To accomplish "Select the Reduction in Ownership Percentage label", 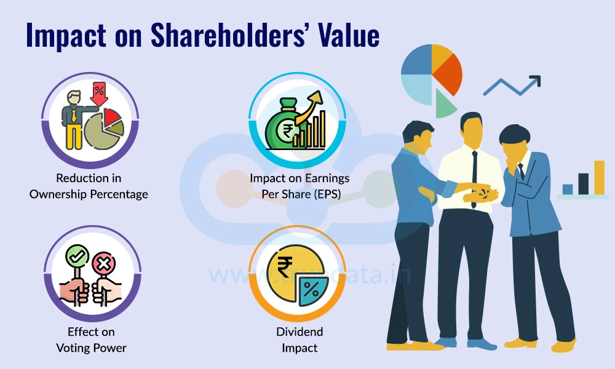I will [x=89, y=186].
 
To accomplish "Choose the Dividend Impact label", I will [x=300, y=339].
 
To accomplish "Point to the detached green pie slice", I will [x=445, y=104].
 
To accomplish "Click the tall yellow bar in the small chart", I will [x=598, y=178].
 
